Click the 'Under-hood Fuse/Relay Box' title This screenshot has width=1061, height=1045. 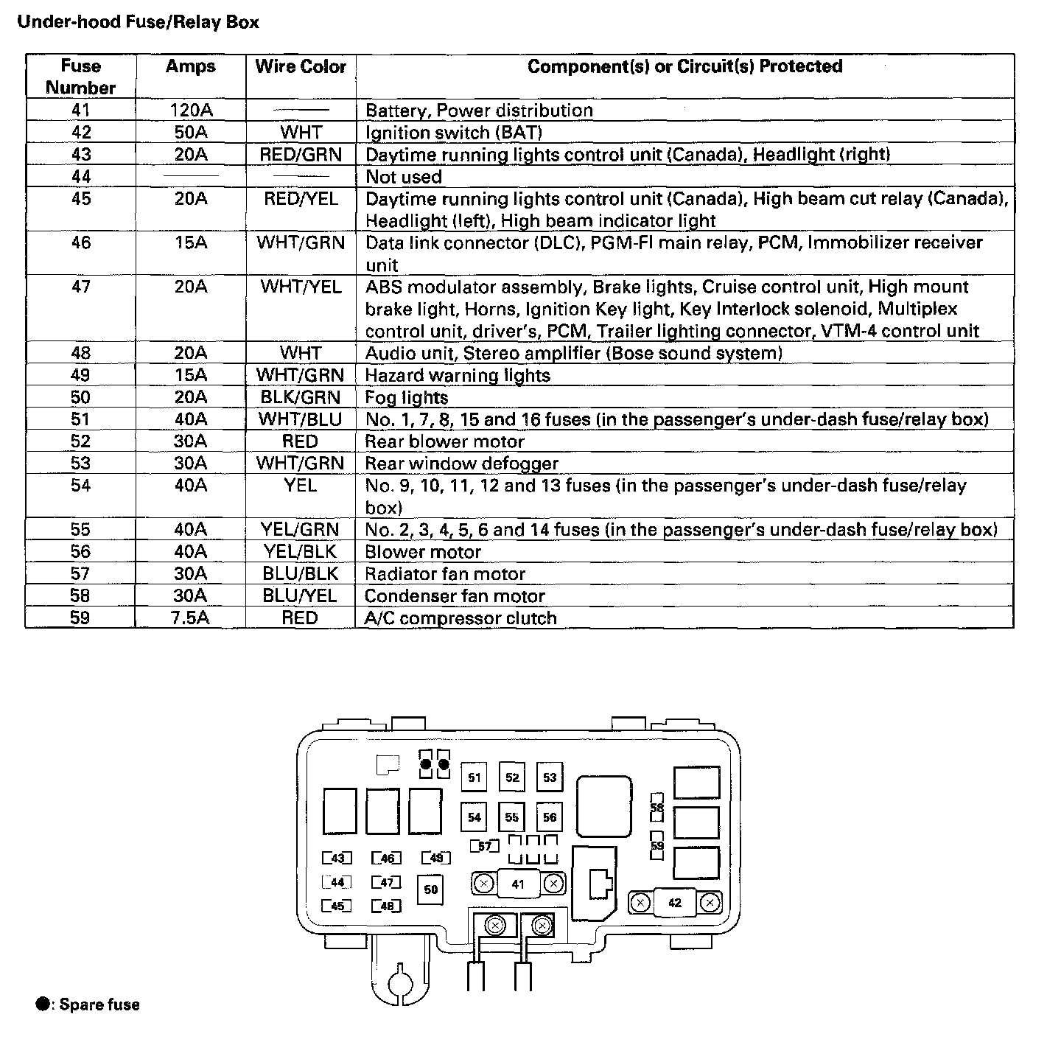tap(138, 22)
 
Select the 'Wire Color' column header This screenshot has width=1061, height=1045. tap(301, 67)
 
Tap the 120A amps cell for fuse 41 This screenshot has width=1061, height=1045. tap(190, 111)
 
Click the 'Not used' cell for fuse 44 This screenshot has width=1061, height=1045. tap(404, 177)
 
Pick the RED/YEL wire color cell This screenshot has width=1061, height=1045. tap(301, 199)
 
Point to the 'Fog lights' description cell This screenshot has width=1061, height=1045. tap(407, 398)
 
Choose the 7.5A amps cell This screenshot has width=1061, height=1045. tap(190, 618)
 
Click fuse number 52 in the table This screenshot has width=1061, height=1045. tap(80, 441)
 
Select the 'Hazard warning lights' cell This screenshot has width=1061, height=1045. tap(458, 376)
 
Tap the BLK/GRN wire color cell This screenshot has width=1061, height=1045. tap(301, 398)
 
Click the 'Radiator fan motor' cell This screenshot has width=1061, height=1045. tap(445, 574)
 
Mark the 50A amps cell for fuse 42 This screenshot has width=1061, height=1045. tap(190, 133)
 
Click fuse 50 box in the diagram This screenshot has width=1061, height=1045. tap(431, 890)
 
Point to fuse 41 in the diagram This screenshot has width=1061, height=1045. tap(518, 884)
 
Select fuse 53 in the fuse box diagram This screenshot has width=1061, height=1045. tap(550, 777)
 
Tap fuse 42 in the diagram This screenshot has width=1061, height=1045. tap(675, 903)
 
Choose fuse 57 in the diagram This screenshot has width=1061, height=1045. tap(485, 846)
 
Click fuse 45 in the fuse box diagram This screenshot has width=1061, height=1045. tap(337, 906)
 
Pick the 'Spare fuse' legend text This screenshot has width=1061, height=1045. tap(99, 1004)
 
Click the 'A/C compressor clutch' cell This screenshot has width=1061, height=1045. tap(461, 618)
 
